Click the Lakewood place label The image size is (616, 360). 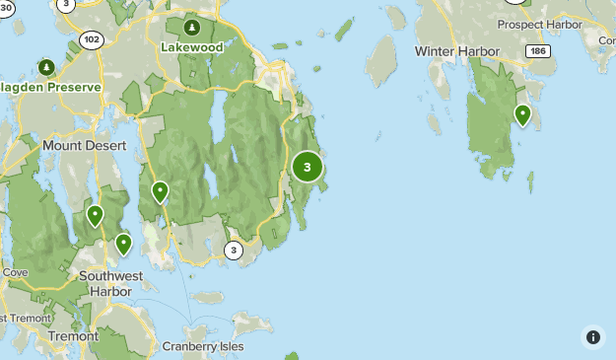192,45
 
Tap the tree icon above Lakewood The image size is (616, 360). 193,27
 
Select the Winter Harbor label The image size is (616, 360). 457,50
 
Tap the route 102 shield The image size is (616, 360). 92,39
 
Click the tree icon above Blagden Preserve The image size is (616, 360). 46,67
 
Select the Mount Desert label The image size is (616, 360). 85,145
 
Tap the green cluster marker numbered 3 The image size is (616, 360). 308,167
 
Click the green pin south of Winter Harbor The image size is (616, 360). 522,115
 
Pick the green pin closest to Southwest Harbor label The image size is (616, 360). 123,244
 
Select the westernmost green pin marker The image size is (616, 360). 95,214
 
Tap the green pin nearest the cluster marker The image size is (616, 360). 160,191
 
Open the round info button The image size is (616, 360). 592,336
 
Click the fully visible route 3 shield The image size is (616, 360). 233,249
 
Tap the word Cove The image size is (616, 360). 14,271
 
